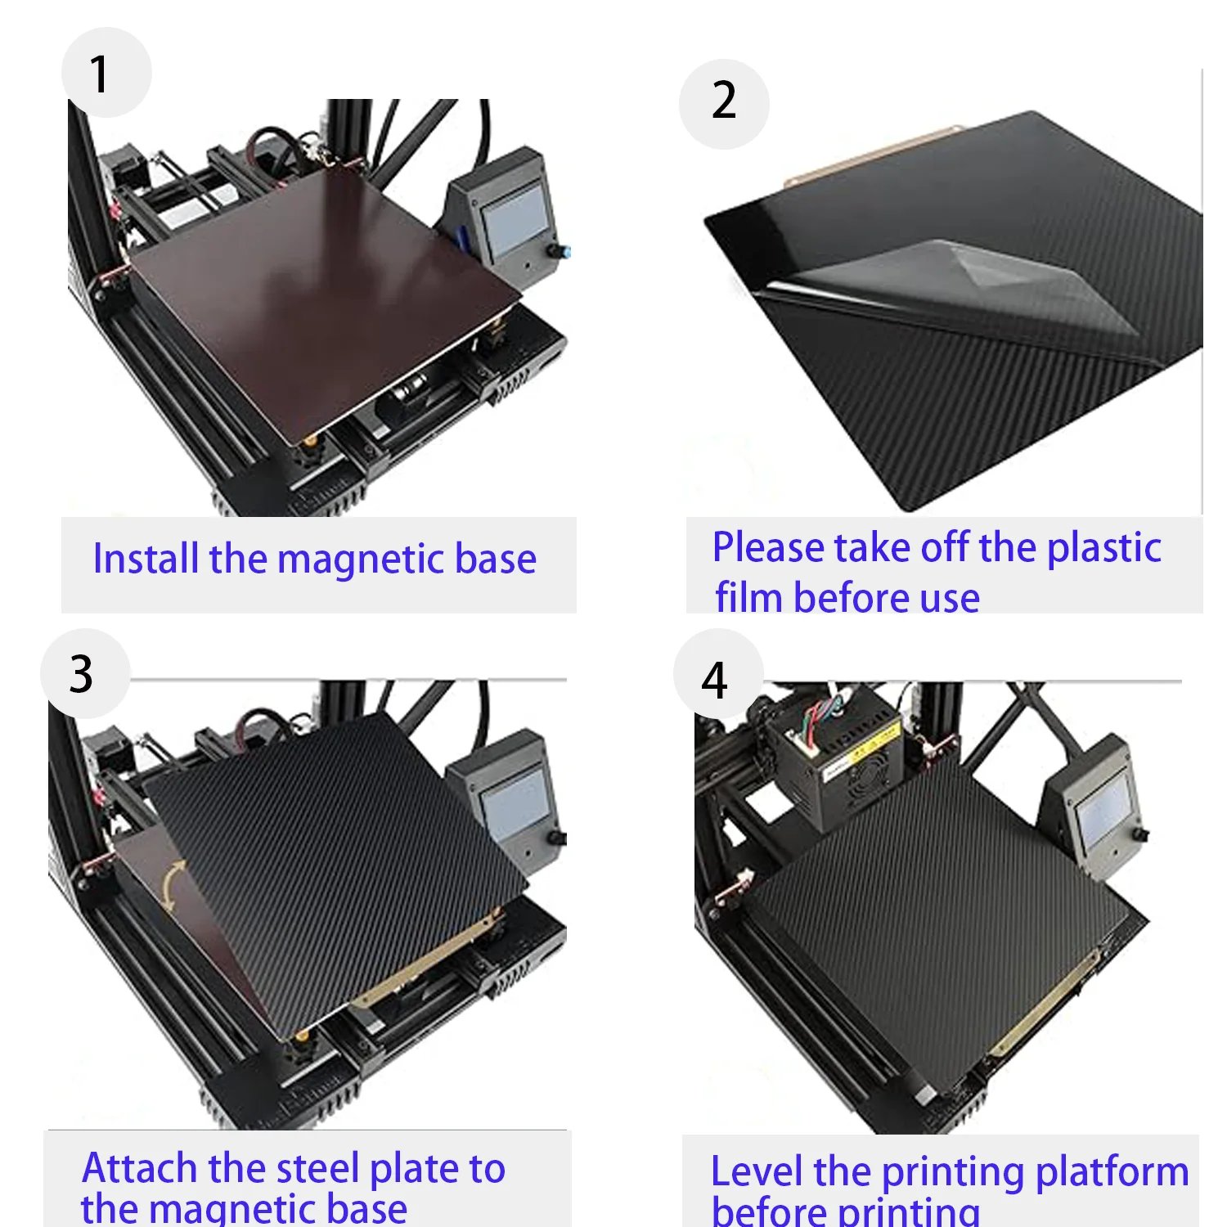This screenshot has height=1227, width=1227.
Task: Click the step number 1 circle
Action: click(106, 73)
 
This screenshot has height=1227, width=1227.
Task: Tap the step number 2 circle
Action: click(724, 104)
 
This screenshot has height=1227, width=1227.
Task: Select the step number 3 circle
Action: click(85, 674)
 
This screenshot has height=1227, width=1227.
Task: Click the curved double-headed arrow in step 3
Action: click(171, 886)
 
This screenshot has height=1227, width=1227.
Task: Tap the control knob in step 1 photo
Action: click(562, 250)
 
